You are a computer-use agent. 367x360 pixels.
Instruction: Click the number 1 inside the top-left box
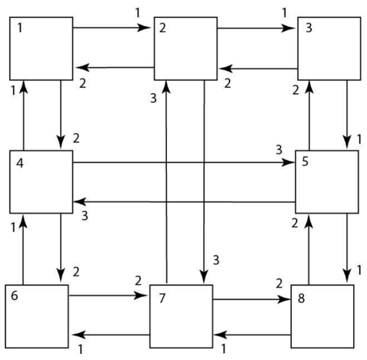pos(20,28)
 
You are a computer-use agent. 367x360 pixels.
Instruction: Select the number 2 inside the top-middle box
pos(162,28)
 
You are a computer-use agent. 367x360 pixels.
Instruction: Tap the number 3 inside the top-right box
pos(309,28)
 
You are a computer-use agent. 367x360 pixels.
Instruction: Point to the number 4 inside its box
pos(20,163)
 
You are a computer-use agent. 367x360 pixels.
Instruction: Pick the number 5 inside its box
pos(305,162)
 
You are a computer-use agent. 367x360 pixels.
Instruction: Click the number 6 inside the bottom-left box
pos(15,295)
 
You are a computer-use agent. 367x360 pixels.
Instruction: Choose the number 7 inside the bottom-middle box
pos(162,298)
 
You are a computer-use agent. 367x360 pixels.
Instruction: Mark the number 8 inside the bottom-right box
pos(301,298)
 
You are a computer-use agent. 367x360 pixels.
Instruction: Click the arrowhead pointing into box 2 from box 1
pos(143,28)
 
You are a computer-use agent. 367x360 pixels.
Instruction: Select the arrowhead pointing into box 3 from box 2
pos(288,28)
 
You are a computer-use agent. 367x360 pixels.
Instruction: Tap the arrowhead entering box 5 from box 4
pos(288,162)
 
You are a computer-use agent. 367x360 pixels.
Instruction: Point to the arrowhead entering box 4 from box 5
pos(80,202)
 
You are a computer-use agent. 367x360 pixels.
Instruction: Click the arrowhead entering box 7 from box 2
pos(204,277)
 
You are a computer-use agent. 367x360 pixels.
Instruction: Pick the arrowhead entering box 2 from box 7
pos(167,88)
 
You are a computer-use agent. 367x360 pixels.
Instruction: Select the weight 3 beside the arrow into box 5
pos(279,150)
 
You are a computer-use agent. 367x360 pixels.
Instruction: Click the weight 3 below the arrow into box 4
pos(85,216)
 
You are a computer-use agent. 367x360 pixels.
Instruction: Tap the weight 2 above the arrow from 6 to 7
pos(138,281)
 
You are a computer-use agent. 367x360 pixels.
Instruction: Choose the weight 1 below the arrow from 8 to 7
pos(223,349)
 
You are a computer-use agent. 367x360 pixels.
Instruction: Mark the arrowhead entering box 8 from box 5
pos(347,277)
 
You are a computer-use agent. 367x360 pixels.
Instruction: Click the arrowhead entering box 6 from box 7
pos(79,335)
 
